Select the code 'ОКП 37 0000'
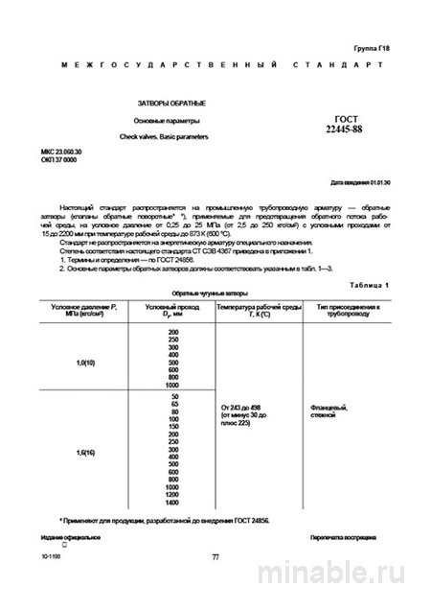tap(58, 161)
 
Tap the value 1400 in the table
tap(172, 503)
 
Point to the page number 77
tap(215, 556)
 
